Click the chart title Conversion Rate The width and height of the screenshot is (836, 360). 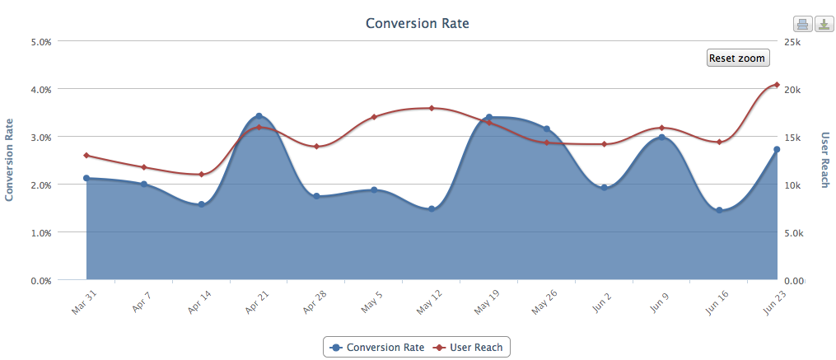[x=417, y=23]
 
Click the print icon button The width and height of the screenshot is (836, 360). [x=802, y=25]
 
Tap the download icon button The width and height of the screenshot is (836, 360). [x=824, y=25]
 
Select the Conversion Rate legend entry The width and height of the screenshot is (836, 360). [x=377, y=347]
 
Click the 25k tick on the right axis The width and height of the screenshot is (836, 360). [x=792, y=41]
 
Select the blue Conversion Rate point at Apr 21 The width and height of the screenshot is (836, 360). [x=259, y=116]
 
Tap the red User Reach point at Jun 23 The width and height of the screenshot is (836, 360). [x=777, y=85]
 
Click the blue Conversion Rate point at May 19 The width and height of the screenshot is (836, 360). [x=489, y=117]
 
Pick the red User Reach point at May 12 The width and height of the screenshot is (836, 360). [x=432, y=108]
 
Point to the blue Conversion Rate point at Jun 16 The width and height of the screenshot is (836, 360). [x=719, y=210]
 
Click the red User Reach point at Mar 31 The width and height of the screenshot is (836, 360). [x=86, y=155]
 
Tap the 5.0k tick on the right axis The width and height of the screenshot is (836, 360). [x=794, y=233]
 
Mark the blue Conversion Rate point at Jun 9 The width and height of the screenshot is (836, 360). [x=661, y=137]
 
